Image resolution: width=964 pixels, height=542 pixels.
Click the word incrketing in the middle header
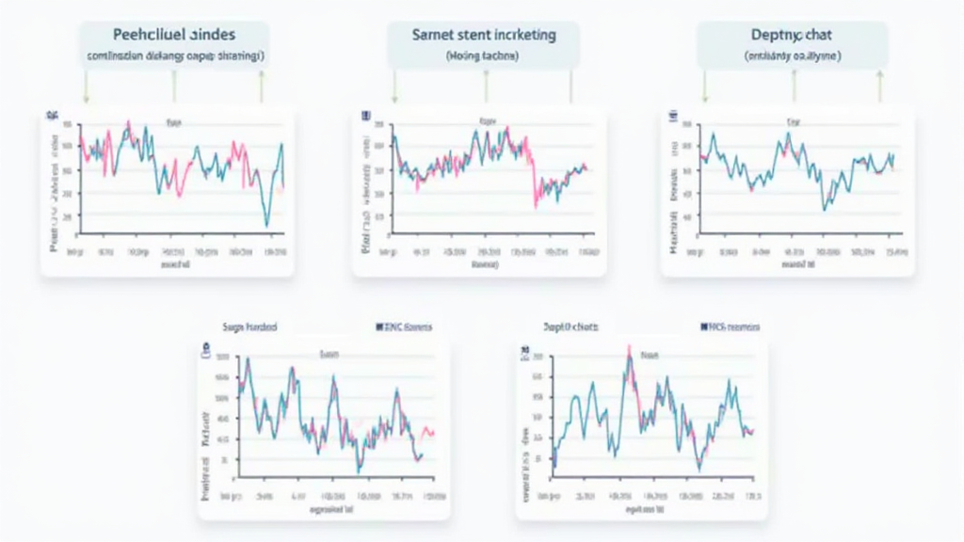point(522,34)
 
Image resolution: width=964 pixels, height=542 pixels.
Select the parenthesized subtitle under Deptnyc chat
point(793,56)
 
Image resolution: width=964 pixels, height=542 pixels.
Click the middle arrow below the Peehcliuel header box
point(174,87)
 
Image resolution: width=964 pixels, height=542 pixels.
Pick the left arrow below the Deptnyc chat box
point(704,87)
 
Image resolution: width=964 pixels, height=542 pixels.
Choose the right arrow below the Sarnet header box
point(570,87)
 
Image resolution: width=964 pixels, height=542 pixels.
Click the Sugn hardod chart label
point(249,327)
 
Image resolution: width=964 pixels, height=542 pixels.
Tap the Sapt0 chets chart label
point(570,327)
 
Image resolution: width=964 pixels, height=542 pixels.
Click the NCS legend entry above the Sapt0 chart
point(730,327)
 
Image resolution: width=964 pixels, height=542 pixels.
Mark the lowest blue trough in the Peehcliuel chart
point(266,225)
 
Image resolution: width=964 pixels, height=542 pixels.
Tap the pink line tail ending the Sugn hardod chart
point(428,432)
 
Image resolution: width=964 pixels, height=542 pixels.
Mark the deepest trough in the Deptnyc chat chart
point(824,207)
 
